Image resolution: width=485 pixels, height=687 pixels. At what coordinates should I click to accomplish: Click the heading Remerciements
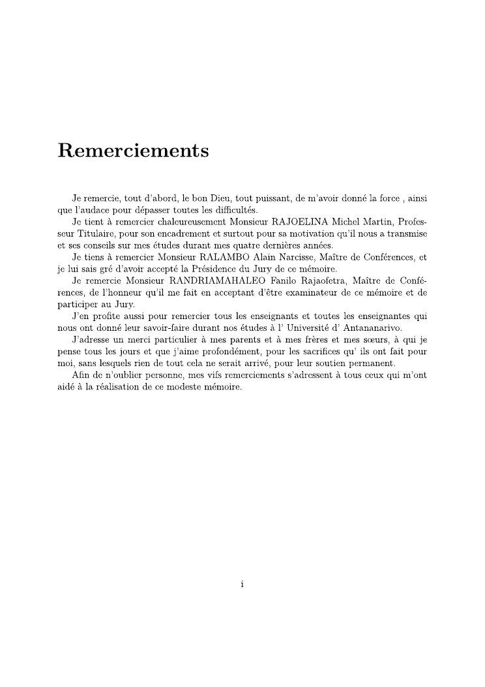pos(133,151)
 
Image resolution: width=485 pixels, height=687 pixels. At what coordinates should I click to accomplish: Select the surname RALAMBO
pos(224,257)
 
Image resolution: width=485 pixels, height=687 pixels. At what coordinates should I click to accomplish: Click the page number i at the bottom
pos(242,584)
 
